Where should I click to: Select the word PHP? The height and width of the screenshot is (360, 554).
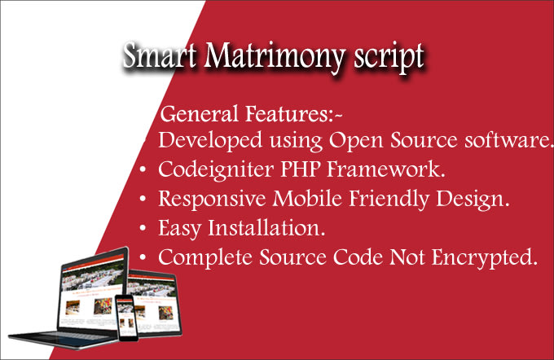tap(300, 169)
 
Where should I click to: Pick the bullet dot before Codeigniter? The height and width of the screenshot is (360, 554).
tap(143, 170)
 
